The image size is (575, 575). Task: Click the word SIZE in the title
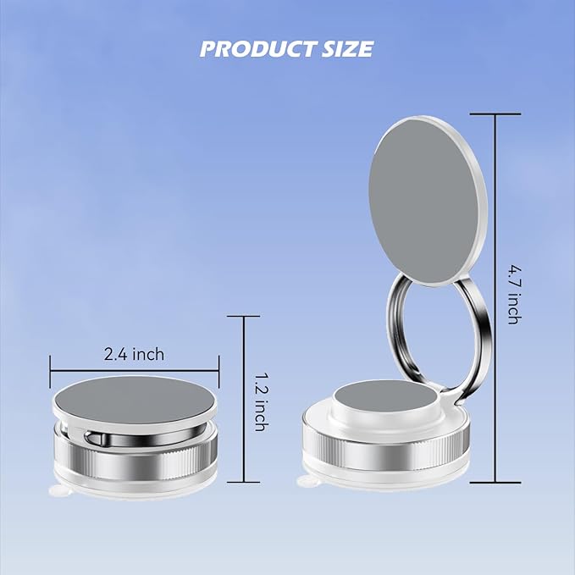point(346,48)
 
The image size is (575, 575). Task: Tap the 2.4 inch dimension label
point(135,354)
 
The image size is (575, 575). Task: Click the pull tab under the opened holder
point(310,485)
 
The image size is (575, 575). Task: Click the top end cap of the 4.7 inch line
point(495,113)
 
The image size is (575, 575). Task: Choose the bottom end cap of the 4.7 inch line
point(495,483)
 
